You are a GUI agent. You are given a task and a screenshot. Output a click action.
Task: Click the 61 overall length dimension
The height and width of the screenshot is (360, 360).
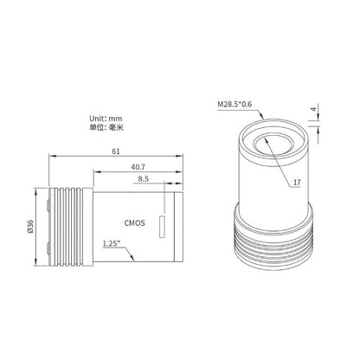(115, 151)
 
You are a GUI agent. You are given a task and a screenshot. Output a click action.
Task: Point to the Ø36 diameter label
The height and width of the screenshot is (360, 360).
(30, 226)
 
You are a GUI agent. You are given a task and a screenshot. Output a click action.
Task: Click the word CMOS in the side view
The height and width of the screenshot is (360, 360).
(133, 222)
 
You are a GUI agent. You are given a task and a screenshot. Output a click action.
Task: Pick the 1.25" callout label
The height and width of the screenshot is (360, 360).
(110, 243)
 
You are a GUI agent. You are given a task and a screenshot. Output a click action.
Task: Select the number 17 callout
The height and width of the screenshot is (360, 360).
(296, 183)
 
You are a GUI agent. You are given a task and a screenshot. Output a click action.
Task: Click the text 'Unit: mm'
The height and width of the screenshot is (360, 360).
(106, 119)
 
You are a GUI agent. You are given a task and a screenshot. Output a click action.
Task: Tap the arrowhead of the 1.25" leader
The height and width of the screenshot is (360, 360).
(131, 257)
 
